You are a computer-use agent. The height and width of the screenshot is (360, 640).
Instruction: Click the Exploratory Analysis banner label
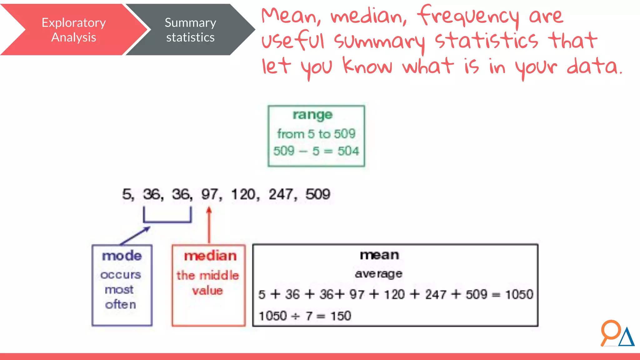pyautogui.click(x=74, y=30)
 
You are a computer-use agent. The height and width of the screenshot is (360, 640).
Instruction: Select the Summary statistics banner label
pyautogui.click(x=190, y=30)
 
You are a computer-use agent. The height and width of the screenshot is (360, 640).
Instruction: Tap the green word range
pyautogui.click(x=312, y=115)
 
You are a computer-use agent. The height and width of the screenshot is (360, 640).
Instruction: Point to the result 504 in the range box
pyautogui.click(x=348, y=151)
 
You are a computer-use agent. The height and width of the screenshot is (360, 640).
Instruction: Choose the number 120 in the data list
pyautogui.click(x=243, y=194)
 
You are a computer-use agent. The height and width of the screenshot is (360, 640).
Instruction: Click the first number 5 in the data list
pyautogui.click(x=127, y=194)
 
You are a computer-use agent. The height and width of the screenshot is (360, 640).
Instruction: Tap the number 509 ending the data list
pyautogui.click(x=317, y=194)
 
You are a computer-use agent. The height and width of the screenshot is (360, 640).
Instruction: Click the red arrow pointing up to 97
pyautogui.click(x=209, y=225)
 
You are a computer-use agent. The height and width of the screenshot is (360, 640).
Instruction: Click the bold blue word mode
pyautogui.click(x=122, y=256)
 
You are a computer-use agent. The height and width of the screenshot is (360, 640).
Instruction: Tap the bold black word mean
pyautogui.click(x=379, y=255)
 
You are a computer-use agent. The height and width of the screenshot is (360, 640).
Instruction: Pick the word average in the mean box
pyautogui.click(x=378, y=274)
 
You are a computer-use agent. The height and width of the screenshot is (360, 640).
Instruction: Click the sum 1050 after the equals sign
pyautogui.click(x=519, y=294)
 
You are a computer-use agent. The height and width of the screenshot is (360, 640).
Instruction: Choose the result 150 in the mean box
pyautogui.click(x=341, y=316)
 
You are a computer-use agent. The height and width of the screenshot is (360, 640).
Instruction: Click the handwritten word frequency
pyautogui.click(x=468, y=16)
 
